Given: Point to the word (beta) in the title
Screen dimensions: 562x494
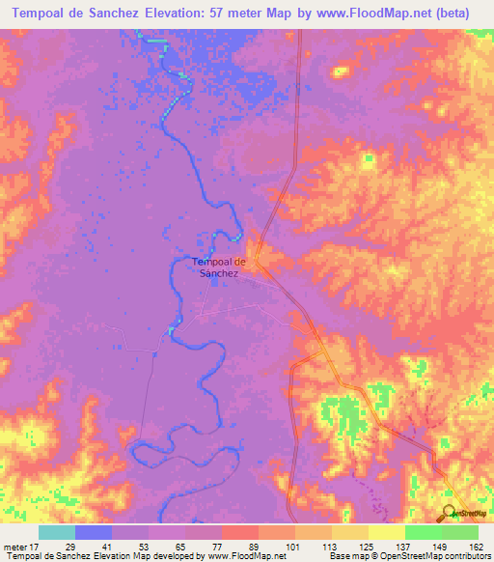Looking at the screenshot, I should [462, 13].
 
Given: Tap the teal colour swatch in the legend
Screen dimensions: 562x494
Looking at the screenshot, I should [57, 532].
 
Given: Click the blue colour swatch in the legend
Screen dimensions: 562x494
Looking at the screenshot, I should [94, 532].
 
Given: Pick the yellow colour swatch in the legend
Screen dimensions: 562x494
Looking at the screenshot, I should [387, 532].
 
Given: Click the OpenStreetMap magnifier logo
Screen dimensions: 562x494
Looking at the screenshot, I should [450, 514].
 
